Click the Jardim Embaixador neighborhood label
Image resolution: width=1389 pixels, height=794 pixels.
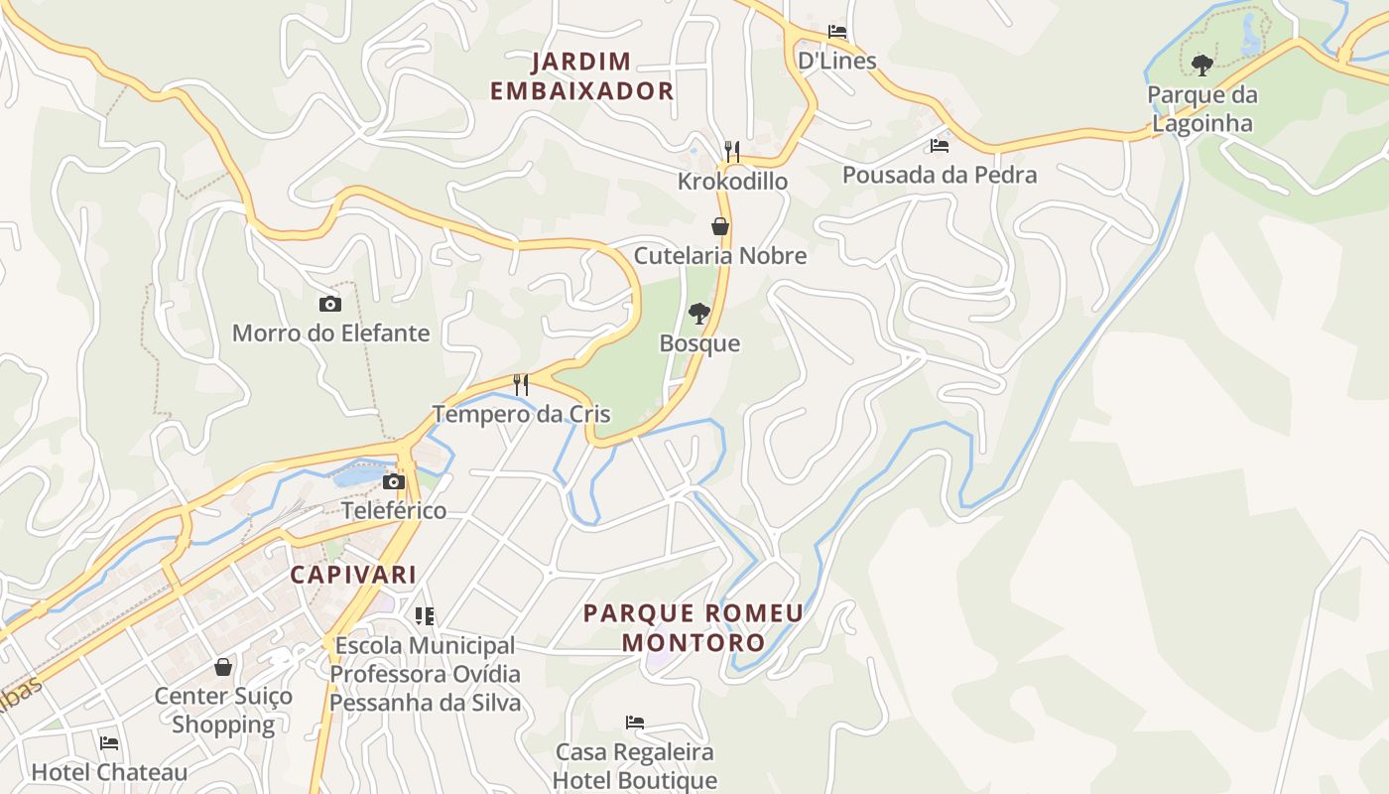[581, 75]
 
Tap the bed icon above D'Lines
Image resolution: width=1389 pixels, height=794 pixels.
[837, 32]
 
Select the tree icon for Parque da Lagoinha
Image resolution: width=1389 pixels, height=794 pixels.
[1202, 66]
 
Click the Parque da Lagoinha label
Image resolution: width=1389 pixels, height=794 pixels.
[1201, 109]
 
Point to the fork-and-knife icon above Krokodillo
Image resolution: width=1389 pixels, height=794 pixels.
[732, 152]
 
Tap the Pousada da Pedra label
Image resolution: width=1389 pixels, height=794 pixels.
[939, 175]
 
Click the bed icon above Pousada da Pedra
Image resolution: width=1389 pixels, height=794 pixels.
[939, 146]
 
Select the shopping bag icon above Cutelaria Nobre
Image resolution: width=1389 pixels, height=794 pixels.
[720, 226]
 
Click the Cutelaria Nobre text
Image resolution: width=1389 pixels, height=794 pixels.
[719, 255]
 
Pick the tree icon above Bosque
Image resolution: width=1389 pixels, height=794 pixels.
[699, 314]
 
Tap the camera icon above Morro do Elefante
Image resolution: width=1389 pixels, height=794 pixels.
[330, 304]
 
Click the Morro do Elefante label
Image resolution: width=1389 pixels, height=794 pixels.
[330, 332]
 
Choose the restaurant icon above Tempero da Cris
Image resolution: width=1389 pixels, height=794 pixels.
[521, 385]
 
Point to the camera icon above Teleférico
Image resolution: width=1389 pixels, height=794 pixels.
[394, 482]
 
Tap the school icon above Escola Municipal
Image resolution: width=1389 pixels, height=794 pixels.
[425, 616]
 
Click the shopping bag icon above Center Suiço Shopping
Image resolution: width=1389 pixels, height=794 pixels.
[223, 667]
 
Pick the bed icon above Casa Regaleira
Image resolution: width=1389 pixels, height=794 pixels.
[635, 723]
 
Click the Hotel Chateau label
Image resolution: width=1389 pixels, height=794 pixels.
[109, 772]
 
